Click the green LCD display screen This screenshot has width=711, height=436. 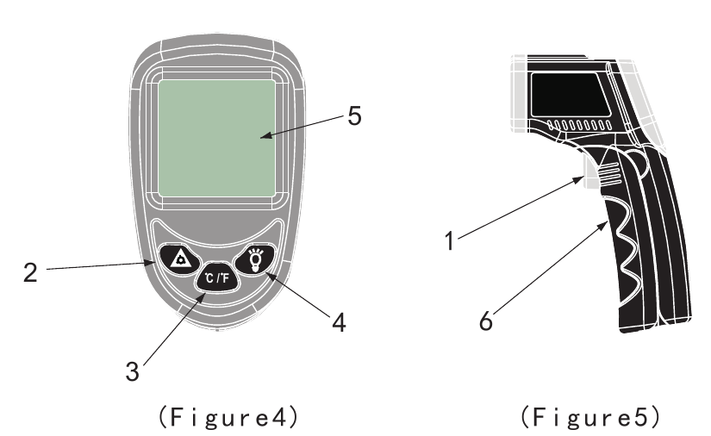(216, 138)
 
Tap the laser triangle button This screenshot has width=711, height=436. (179, 259)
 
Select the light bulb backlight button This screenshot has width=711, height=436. (255, 259)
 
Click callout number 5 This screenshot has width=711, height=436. (354, 115)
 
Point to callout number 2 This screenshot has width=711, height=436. (30, 272)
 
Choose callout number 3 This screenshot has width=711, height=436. (132, 371)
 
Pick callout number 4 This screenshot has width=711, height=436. (340, 323)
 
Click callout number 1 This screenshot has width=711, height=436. (449, 240)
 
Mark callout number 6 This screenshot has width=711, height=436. (486, 321)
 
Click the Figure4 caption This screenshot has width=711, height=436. (228, 416)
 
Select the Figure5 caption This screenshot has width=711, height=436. (590, 416)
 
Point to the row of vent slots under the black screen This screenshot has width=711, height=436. (579, 125)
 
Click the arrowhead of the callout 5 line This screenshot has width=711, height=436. (266, 135)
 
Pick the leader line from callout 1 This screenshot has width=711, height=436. (521, 208)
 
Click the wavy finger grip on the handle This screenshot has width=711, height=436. (626, 245)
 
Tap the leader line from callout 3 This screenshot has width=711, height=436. (175, 329)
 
